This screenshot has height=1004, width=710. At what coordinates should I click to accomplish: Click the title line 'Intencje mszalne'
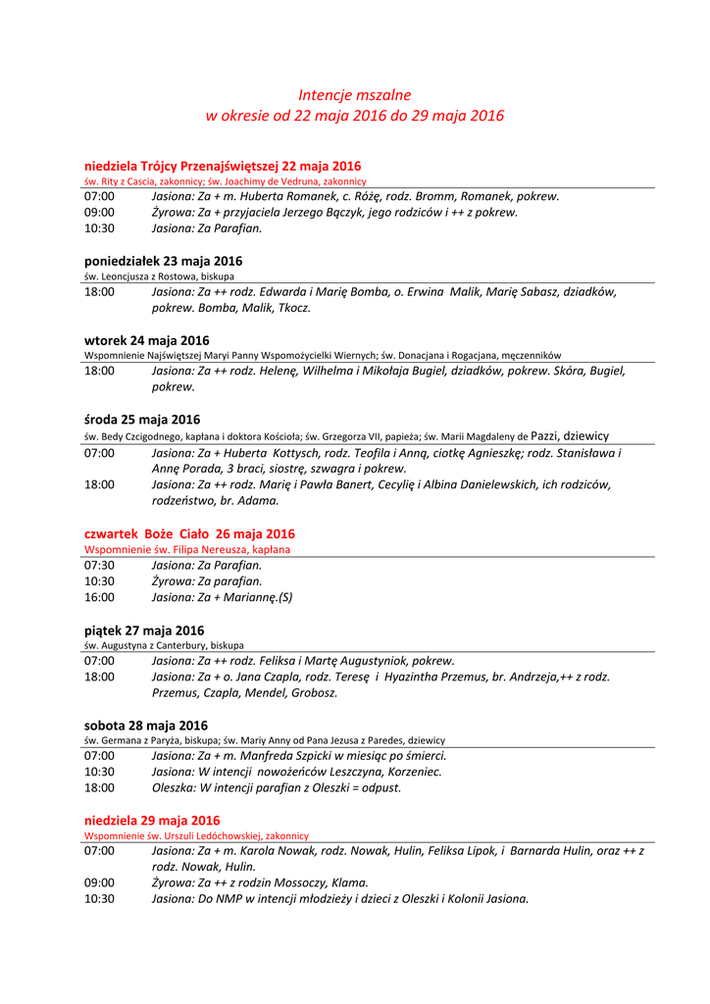point(354,95)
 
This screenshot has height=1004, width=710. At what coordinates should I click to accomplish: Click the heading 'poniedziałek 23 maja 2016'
point(163,261)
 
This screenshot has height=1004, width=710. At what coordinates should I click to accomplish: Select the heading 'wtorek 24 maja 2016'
point(146,340)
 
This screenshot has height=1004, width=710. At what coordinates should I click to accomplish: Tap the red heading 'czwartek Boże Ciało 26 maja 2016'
point(189,534)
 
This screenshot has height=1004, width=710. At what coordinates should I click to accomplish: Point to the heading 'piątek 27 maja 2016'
point(144,630)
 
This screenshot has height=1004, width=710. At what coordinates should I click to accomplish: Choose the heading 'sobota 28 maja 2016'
point(146,726)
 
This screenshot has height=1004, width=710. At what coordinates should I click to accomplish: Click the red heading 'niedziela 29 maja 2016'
point(152,820)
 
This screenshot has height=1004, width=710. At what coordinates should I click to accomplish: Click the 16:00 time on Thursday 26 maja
point(99,597)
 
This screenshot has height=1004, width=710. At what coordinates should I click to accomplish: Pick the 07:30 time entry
point(99,566)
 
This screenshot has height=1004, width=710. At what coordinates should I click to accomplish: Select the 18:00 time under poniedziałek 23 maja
point(99,292)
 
